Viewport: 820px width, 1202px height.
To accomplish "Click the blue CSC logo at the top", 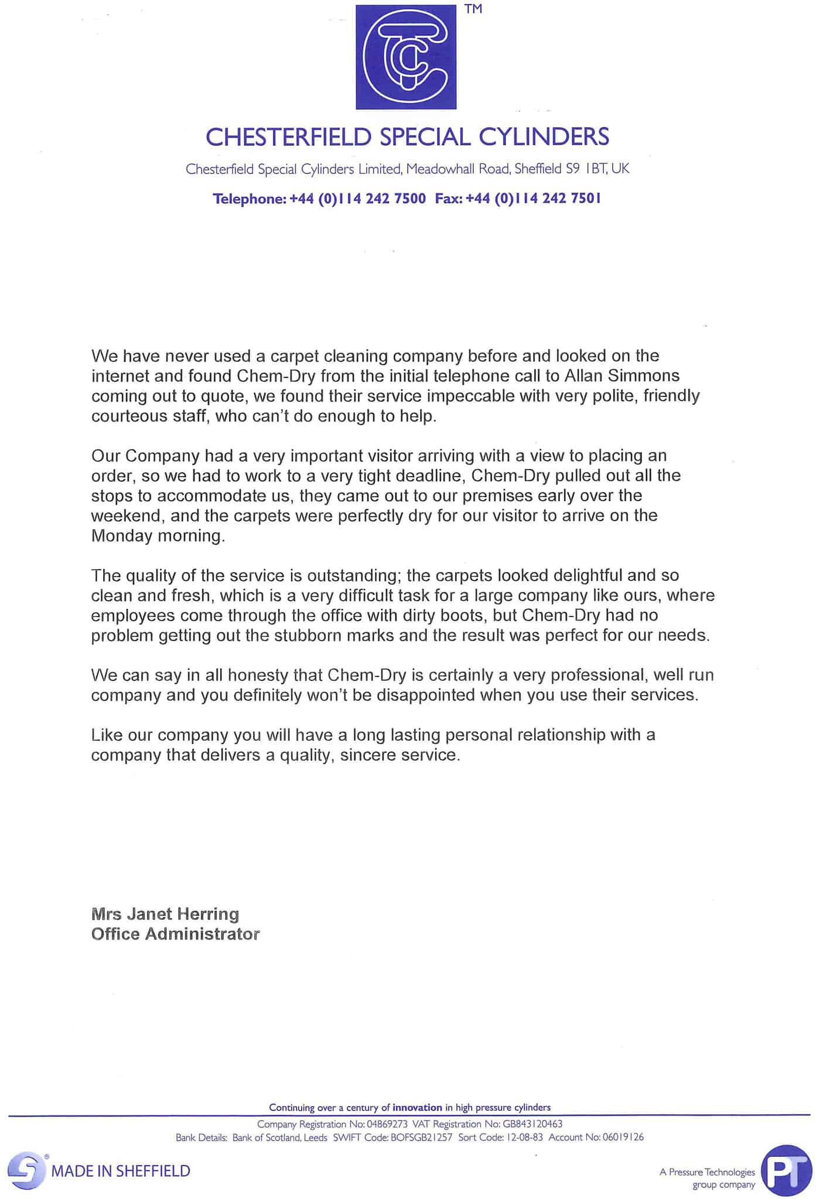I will coord(406,57).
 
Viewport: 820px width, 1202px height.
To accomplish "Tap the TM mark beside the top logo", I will coord(473,9).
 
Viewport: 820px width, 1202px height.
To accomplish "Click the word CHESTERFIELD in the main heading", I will coord(288,138).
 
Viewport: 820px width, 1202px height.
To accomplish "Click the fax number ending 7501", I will coord(534,199).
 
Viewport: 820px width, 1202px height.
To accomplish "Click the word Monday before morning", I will coord(122,536).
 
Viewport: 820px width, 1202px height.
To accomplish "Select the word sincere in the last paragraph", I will coord(368,755).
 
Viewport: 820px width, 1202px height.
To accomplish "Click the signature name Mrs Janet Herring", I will coord(165,914).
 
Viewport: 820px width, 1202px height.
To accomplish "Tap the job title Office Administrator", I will coord(175,934).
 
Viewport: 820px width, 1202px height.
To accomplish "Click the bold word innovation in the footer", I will coord(417,1107).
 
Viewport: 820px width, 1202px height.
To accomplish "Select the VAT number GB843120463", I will coord(532,1124).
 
